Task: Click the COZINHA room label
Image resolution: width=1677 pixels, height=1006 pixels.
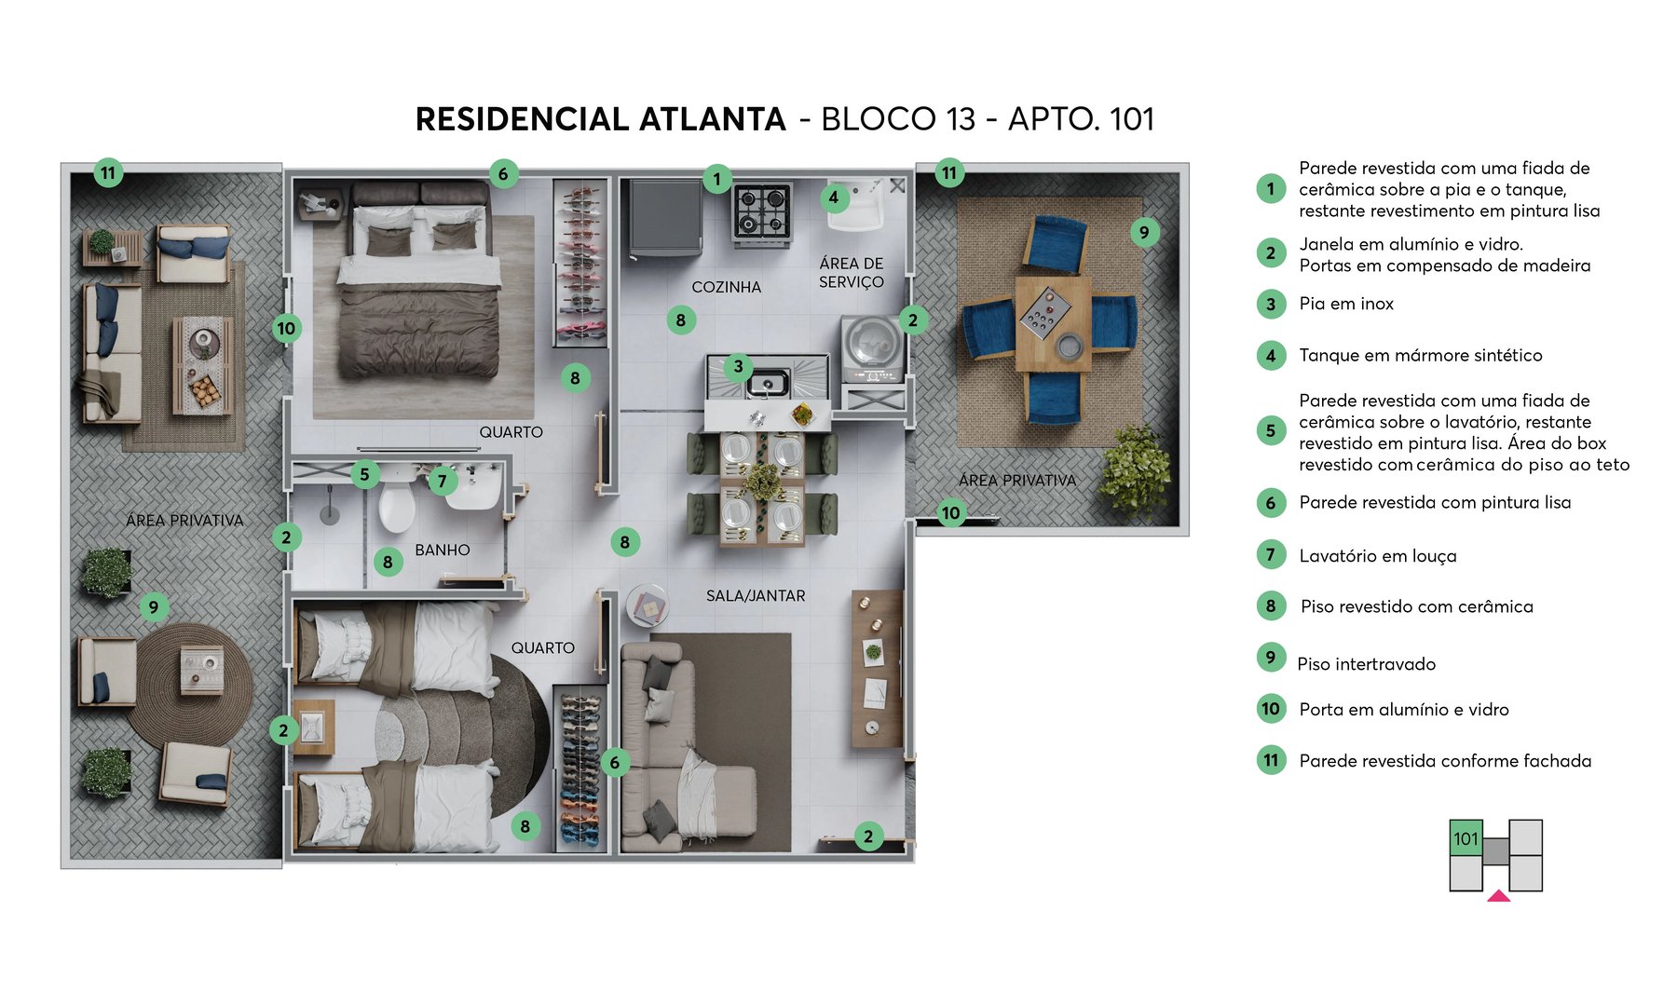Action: pos(726,287)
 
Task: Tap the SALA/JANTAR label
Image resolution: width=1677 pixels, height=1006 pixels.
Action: pos(756,595)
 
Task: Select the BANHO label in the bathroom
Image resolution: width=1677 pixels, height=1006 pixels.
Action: pos(442,550)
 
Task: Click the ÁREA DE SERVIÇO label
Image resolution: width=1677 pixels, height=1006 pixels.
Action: pos(851,272)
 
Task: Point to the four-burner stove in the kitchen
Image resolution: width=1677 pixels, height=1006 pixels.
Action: pos(762,211)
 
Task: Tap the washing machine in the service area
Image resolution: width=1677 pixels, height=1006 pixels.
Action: pos(873,346)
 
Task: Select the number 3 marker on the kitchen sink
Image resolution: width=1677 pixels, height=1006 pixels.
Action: pos(738,366)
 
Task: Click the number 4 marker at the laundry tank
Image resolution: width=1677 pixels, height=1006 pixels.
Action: pos(833,197)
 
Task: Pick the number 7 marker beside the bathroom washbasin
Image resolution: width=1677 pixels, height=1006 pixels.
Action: pos(442,481)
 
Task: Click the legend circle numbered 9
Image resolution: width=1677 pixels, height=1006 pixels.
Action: pos(1271,657)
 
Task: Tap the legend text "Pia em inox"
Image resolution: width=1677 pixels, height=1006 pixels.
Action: pos(1345,304)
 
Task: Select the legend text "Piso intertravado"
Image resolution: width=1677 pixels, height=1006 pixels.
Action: pos(1366,664)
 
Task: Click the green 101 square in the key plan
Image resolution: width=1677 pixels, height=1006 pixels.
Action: pos(1466,837)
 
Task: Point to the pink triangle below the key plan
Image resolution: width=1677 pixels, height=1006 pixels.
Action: pos(1498,896)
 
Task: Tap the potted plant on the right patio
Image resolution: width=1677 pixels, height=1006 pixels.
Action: pos(1135,470)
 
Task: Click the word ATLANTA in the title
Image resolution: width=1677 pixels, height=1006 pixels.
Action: pos(712,119)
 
